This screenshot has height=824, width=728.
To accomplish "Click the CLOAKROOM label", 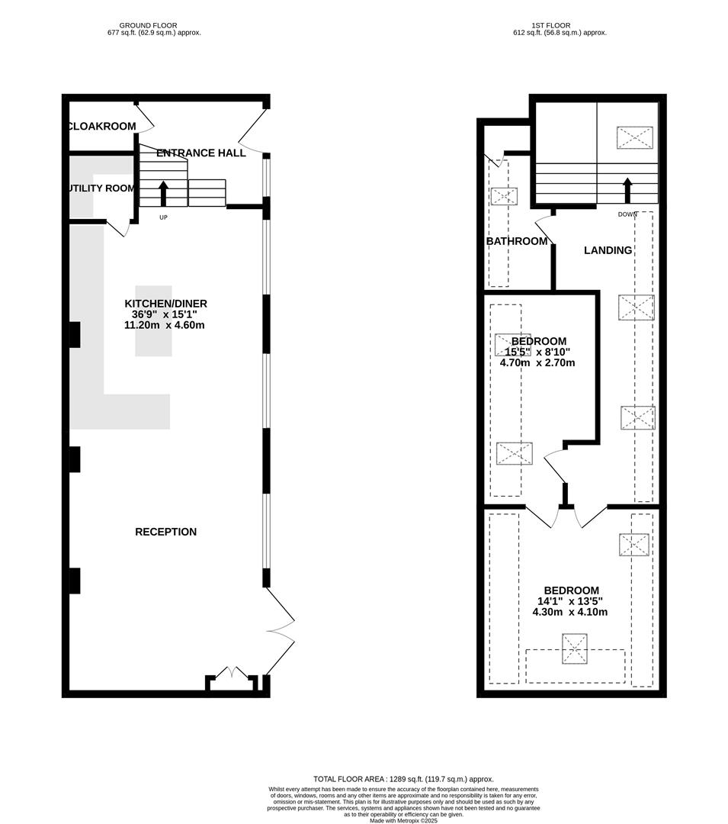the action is [x=102, y=126].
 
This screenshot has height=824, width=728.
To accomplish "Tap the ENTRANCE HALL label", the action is [x=201, y=153].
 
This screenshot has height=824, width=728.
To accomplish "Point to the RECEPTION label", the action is [x=166, y=532].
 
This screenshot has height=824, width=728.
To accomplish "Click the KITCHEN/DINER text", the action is [x=166, y=304].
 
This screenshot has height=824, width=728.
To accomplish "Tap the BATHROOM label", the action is [x=517, y=241].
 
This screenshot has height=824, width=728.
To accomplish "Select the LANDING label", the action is [x=608, y=250].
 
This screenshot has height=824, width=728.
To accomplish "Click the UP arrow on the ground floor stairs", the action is [x=163, y=193].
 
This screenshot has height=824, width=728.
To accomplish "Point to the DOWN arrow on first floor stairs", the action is [x=627, y=191].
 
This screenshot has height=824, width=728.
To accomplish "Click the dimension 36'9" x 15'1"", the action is [x=165, y=314].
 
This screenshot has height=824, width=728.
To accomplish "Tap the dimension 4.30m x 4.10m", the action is [x=570, y=612].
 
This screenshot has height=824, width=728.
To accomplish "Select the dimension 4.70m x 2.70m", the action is [x=537, y=362].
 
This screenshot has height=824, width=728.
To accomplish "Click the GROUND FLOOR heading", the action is [x=148, y=25].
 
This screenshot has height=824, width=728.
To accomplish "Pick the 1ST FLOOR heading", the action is [x=551, y=25].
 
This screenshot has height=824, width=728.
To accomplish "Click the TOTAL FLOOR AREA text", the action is [x=403, y=779].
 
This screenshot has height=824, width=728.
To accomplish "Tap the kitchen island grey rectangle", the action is [x=154, y=321].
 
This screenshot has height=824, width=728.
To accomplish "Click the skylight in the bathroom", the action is [x=504, y=197].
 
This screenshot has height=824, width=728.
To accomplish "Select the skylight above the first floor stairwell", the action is [x=634, y=137].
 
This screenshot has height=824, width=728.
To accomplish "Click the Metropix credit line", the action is [x=403, y=820].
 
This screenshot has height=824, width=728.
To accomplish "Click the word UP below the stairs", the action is [x=163, y=217].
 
